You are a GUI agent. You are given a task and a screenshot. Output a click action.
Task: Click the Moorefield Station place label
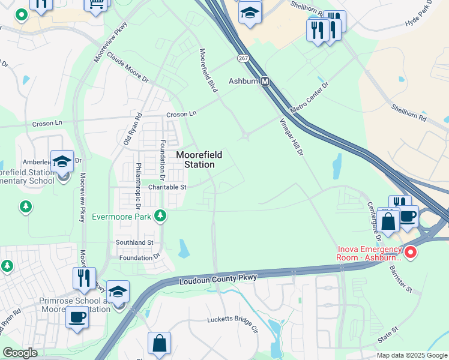199,160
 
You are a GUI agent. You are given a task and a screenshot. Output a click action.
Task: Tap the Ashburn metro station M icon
265,81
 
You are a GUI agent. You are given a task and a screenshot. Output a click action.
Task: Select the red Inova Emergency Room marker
411,253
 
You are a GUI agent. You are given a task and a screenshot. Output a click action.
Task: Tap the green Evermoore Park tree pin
160,215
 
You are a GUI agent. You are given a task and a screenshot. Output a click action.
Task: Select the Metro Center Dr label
310,98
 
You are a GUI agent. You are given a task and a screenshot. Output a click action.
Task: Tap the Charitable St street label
160,187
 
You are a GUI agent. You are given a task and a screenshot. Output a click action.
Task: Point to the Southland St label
134,242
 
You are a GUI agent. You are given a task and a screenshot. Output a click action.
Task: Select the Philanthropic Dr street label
139,182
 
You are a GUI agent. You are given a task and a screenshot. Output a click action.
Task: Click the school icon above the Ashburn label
250,13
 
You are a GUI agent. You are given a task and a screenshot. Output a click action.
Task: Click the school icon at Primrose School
118,292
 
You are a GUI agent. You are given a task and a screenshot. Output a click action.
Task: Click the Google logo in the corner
20,353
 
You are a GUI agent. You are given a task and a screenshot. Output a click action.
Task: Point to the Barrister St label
401,279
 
